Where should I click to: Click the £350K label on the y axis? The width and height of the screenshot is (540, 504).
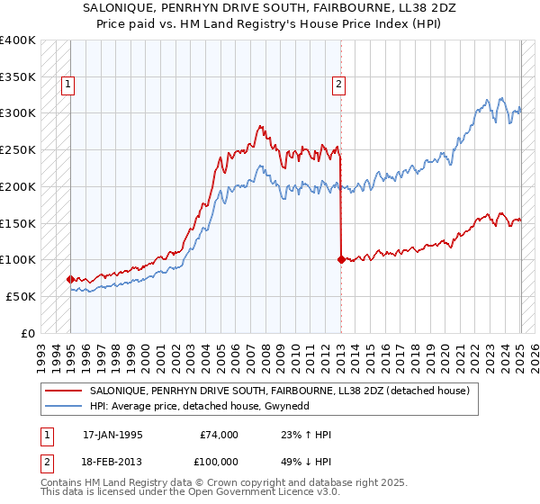pos(17,77)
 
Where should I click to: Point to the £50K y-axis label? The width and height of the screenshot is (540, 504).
pos(21,296)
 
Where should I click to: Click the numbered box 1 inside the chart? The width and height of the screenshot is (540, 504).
pos(68,85)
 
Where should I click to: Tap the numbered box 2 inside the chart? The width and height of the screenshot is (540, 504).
pos(338,85)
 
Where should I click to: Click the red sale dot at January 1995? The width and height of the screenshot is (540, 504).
pos(70,279)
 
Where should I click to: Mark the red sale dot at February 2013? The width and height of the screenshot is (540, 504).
pos(341,259)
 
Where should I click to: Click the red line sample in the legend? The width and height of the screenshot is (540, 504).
pos(64,391)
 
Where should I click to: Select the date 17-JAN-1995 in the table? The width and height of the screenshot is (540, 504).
pos(112,435)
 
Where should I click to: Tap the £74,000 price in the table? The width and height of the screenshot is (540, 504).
pos(219,435)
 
